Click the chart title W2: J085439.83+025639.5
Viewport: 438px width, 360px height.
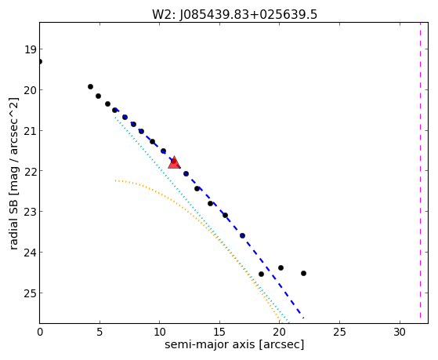click(234, 14)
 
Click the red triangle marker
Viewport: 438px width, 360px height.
click(174, 162)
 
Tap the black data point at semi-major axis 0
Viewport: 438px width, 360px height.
click(40, 61)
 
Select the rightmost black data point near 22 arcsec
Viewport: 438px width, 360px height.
click(303, 273)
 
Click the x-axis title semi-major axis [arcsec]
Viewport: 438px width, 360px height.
click(234, 344)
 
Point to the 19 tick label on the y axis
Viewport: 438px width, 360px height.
click(31, 49)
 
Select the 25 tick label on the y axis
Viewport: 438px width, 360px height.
click(30, 293)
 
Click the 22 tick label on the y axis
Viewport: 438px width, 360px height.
click(30, 172)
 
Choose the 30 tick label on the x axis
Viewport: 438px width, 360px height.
click(400, 332)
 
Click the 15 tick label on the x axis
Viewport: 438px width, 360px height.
click(219, 332)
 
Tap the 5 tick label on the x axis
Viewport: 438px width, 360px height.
click(100, 332)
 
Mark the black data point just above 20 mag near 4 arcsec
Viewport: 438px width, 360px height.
click(90, 87)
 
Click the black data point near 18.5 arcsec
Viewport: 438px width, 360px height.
click(261, 275)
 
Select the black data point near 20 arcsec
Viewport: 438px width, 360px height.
click(281, 268)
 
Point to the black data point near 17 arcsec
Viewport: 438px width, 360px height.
click(242, 236)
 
